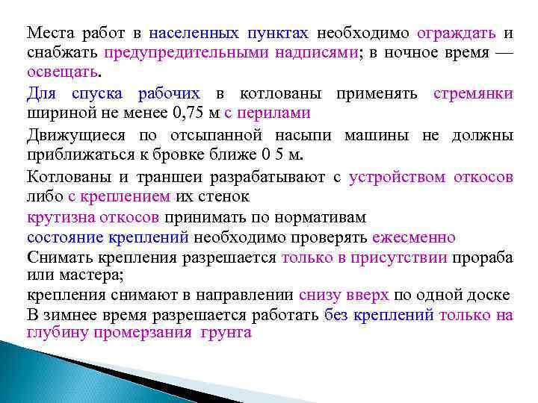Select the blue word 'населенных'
point(194,34)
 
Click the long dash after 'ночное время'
point(504,53)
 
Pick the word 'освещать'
point(62,73)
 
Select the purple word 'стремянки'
point(473,93)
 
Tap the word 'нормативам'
point(324,217)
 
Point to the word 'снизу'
point(320,295)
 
